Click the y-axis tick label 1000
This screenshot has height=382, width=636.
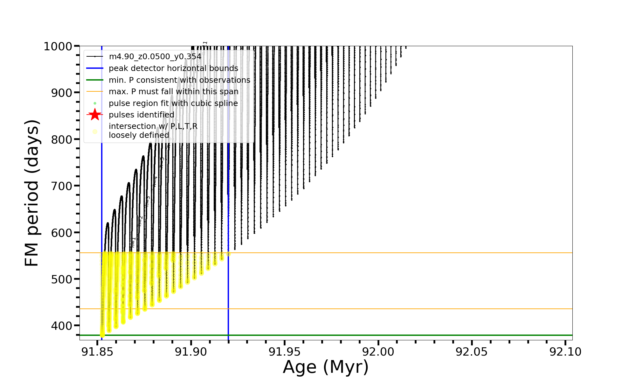58,46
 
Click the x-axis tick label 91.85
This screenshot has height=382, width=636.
97,352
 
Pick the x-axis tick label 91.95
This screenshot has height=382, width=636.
285,352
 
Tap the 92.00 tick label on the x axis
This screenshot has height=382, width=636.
378,352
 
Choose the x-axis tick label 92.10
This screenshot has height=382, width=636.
565,352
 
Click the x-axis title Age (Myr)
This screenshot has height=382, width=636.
326,367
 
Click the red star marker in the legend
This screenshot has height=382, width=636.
95,115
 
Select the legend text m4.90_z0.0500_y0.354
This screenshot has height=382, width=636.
155,57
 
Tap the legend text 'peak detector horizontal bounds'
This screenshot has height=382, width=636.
173,68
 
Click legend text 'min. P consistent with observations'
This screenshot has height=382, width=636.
179,80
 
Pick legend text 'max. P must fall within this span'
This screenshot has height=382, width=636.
173,92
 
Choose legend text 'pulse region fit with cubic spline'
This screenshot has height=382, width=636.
173,103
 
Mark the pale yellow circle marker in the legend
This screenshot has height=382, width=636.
95,131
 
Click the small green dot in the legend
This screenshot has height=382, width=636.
95,103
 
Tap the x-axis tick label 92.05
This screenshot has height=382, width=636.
472,352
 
